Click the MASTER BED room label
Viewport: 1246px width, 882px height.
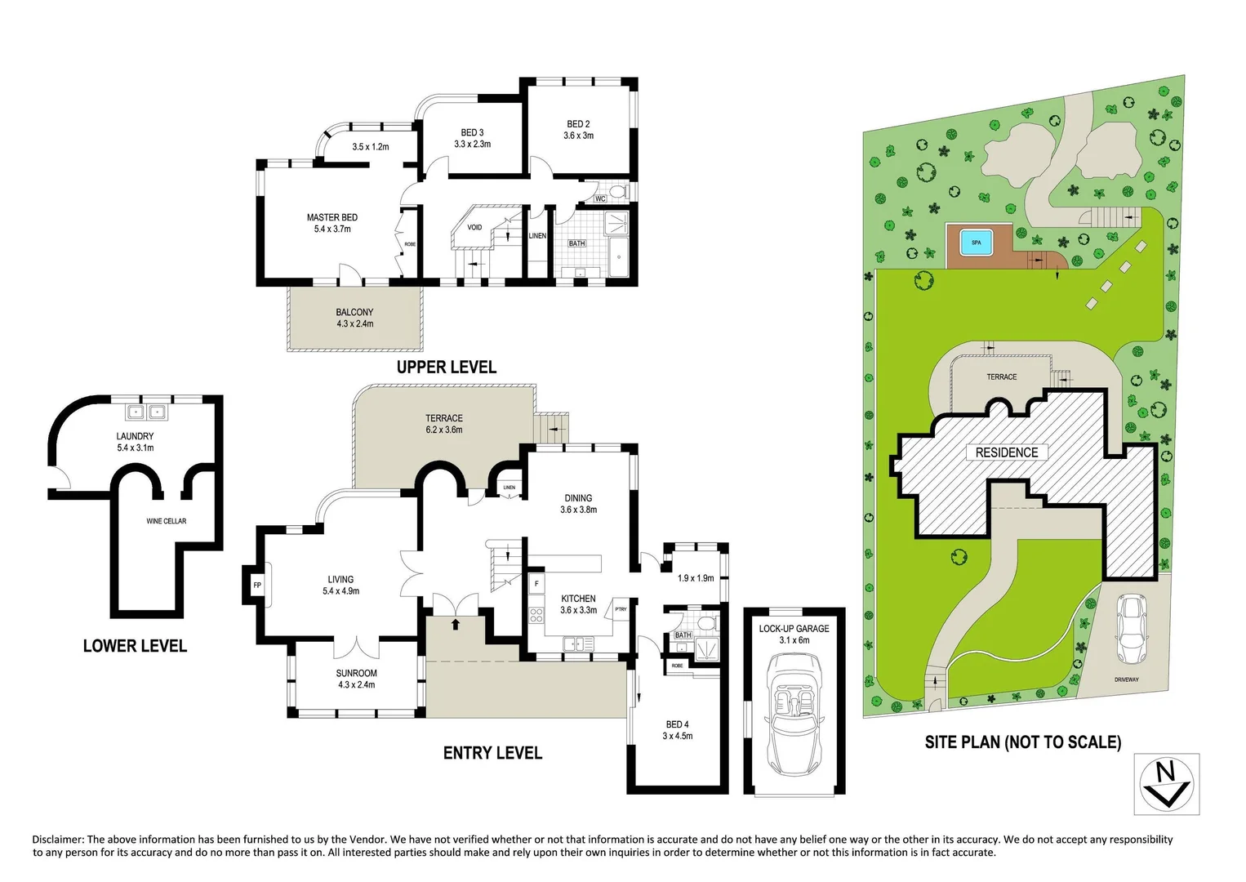pyautogui.click(x=332, y=218)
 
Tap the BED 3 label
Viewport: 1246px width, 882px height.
pyautogui.click(x=472, y=133)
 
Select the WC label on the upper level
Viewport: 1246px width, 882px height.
pyautogui.click(x=600, y=198)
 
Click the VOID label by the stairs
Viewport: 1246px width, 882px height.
pyautogui.click(x=474, y=228)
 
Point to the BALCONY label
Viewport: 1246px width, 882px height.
pyautogui.click(x=354, y=313)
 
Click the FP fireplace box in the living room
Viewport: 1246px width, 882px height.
pyautogui.click(x=256, y=586)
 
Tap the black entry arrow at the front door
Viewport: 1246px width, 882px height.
pyautogui.click(x=455, y=625)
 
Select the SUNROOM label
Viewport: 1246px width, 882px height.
pyautogui.click(x=356, y=674)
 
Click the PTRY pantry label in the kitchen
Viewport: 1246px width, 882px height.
pyautogui.click(x=621, y=608)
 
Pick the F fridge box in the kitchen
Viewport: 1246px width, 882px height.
pyautogui.click(x=536, y=584)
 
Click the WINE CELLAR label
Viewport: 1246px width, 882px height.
pyautogui.click(x=166, y=521)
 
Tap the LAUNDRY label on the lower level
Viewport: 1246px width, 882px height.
pyautogui.click(x=135, y=437)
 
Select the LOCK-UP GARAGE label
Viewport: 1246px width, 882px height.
pyautogui.click(x=794, y=629)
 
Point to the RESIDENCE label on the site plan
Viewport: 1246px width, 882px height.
pyautogui.click(x=1007, y=452)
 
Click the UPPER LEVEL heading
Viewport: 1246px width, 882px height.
pyautogui.click(x=446, y=367)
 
